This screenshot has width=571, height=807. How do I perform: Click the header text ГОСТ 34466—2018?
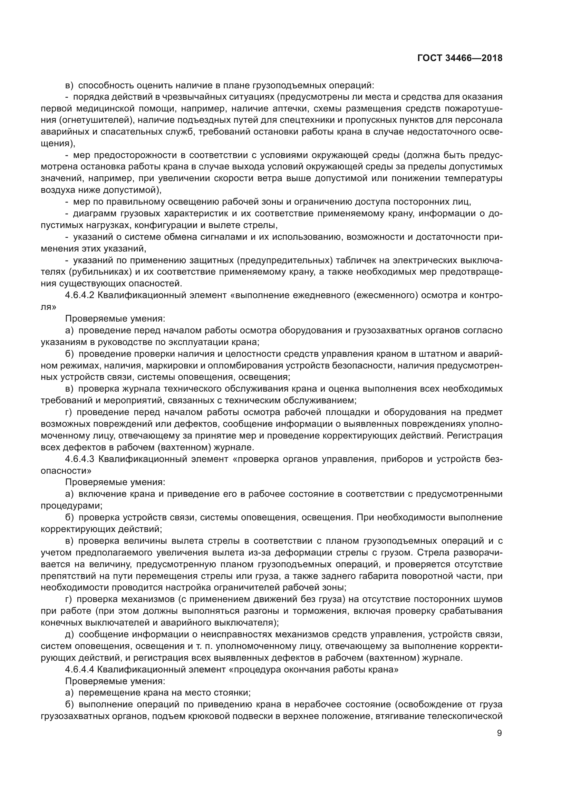pos(459,58)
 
